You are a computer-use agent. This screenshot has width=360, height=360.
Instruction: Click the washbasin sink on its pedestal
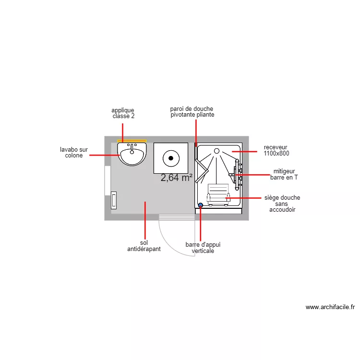click(x=132, y=154)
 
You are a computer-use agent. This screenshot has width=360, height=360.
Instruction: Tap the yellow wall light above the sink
click(x=132, y=141)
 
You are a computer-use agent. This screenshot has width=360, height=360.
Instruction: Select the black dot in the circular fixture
click(x=171, y=157)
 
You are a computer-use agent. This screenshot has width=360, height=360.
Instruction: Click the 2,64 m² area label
click(x=177, y=178)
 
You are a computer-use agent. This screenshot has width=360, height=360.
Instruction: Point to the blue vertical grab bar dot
click(x=200, y=205)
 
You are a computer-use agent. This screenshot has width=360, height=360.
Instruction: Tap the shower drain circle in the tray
click(x=216, y=151)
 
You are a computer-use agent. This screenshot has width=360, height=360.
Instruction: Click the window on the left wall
click(x=108, y=180)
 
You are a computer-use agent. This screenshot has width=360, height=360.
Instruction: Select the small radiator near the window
click(x=114, y=200)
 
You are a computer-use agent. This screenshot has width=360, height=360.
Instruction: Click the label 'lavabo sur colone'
click(x=74, y=152)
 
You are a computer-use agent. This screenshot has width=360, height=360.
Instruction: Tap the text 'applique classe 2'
click(x=123, y=113)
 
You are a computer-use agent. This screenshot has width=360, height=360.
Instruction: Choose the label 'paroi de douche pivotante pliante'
click(x=192, y=112)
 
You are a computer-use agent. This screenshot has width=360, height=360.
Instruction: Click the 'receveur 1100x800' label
click(x=276, y=150)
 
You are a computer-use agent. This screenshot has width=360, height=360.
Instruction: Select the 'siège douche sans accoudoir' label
click(x=282, y=204)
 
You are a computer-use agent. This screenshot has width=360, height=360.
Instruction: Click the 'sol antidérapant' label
click(x=144, y=246)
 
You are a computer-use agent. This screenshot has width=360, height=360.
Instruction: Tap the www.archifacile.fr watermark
click(x=330, y=307)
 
